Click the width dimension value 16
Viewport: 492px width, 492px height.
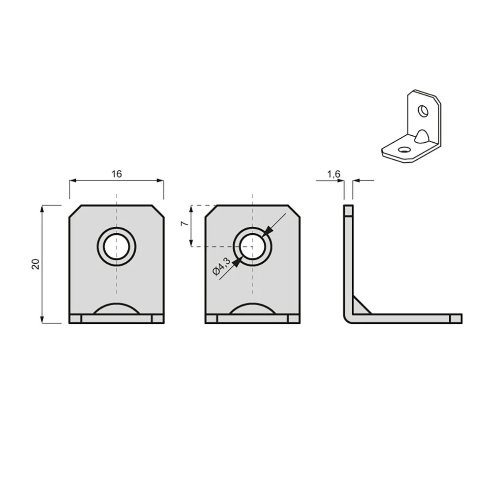click(x=117, y=174)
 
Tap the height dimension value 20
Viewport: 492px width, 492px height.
click(x=35, y=264)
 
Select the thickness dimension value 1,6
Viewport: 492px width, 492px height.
click(x=334, y=174)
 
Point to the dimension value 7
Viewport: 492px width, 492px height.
click(x=185, y=223)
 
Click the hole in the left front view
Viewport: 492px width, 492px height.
click(x=117, y=246)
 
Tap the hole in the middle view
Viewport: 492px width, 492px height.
click(x=252, y=246)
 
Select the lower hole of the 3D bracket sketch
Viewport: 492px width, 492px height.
click(x=403, y=150)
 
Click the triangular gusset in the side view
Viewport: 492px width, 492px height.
click(x=360, y=306)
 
